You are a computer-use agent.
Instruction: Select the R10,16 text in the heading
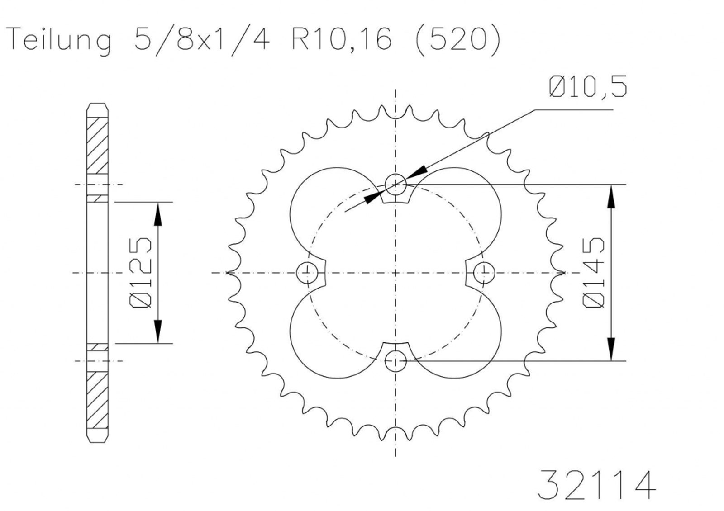tap(342, 39)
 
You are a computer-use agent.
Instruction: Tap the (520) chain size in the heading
tap(457, 40)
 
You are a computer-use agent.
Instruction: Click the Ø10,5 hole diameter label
tap(588, 86)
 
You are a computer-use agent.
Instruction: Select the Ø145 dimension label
tap(593, 273)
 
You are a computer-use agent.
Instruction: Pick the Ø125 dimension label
tap(140, 273)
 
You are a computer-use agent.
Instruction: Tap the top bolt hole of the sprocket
tap(395, 185)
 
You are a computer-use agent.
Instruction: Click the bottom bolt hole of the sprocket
tap(395, 361)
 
